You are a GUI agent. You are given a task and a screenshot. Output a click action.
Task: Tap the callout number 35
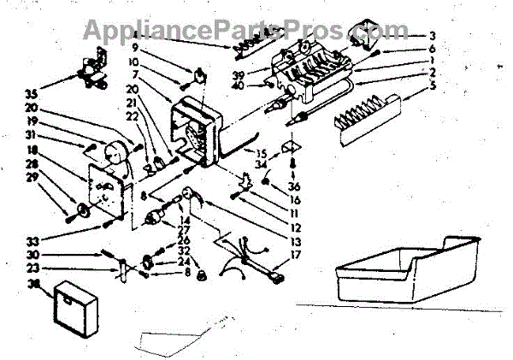[x=32, y=93]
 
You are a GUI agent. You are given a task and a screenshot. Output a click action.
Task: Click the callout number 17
[x=296, y=254]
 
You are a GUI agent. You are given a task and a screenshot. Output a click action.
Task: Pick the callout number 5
[x=433, y=49]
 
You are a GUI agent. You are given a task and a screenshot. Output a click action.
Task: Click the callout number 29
[x=33, y=176]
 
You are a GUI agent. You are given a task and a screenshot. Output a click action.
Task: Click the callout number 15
[x=262, y=151]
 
